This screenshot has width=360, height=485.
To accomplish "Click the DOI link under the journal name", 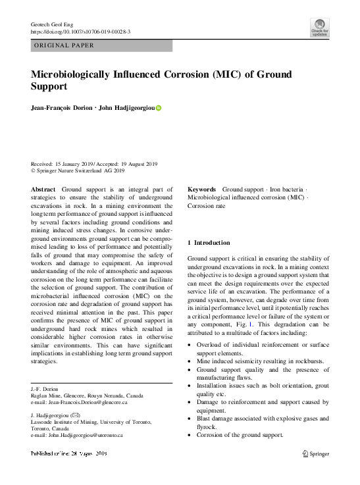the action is point(80,32).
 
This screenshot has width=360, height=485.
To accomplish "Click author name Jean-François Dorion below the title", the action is point(66,108).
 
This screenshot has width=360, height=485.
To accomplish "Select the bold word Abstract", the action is point(43,190).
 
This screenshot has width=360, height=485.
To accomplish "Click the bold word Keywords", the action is point(202,189).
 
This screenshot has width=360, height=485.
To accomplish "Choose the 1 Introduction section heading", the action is point(209,243).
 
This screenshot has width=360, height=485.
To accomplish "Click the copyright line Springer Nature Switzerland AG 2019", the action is point(80,171).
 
